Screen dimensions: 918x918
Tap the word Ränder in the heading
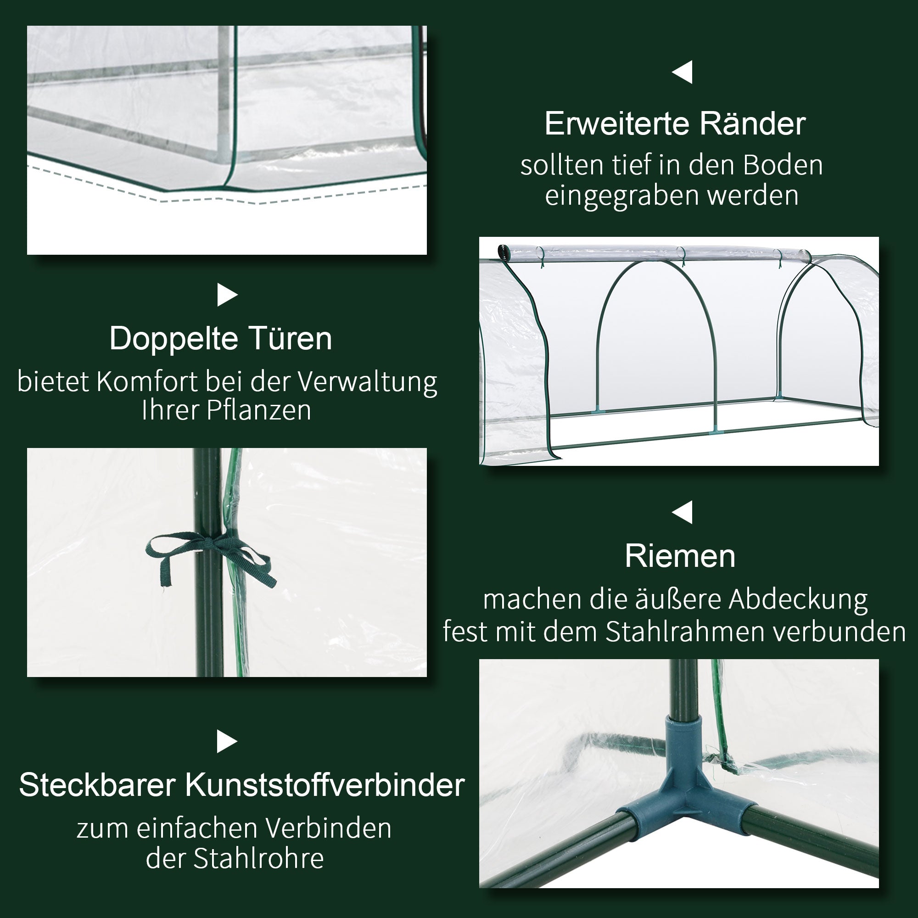tap(753, 124)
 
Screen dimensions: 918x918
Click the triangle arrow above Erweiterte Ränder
tap(683, 72)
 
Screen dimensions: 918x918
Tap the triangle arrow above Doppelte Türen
tap(227, 295)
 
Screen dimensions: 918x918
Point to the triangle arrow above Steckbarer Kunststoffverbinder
tap(227, 741)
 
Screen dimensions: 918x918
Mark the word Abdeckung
tap(798, 599)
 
